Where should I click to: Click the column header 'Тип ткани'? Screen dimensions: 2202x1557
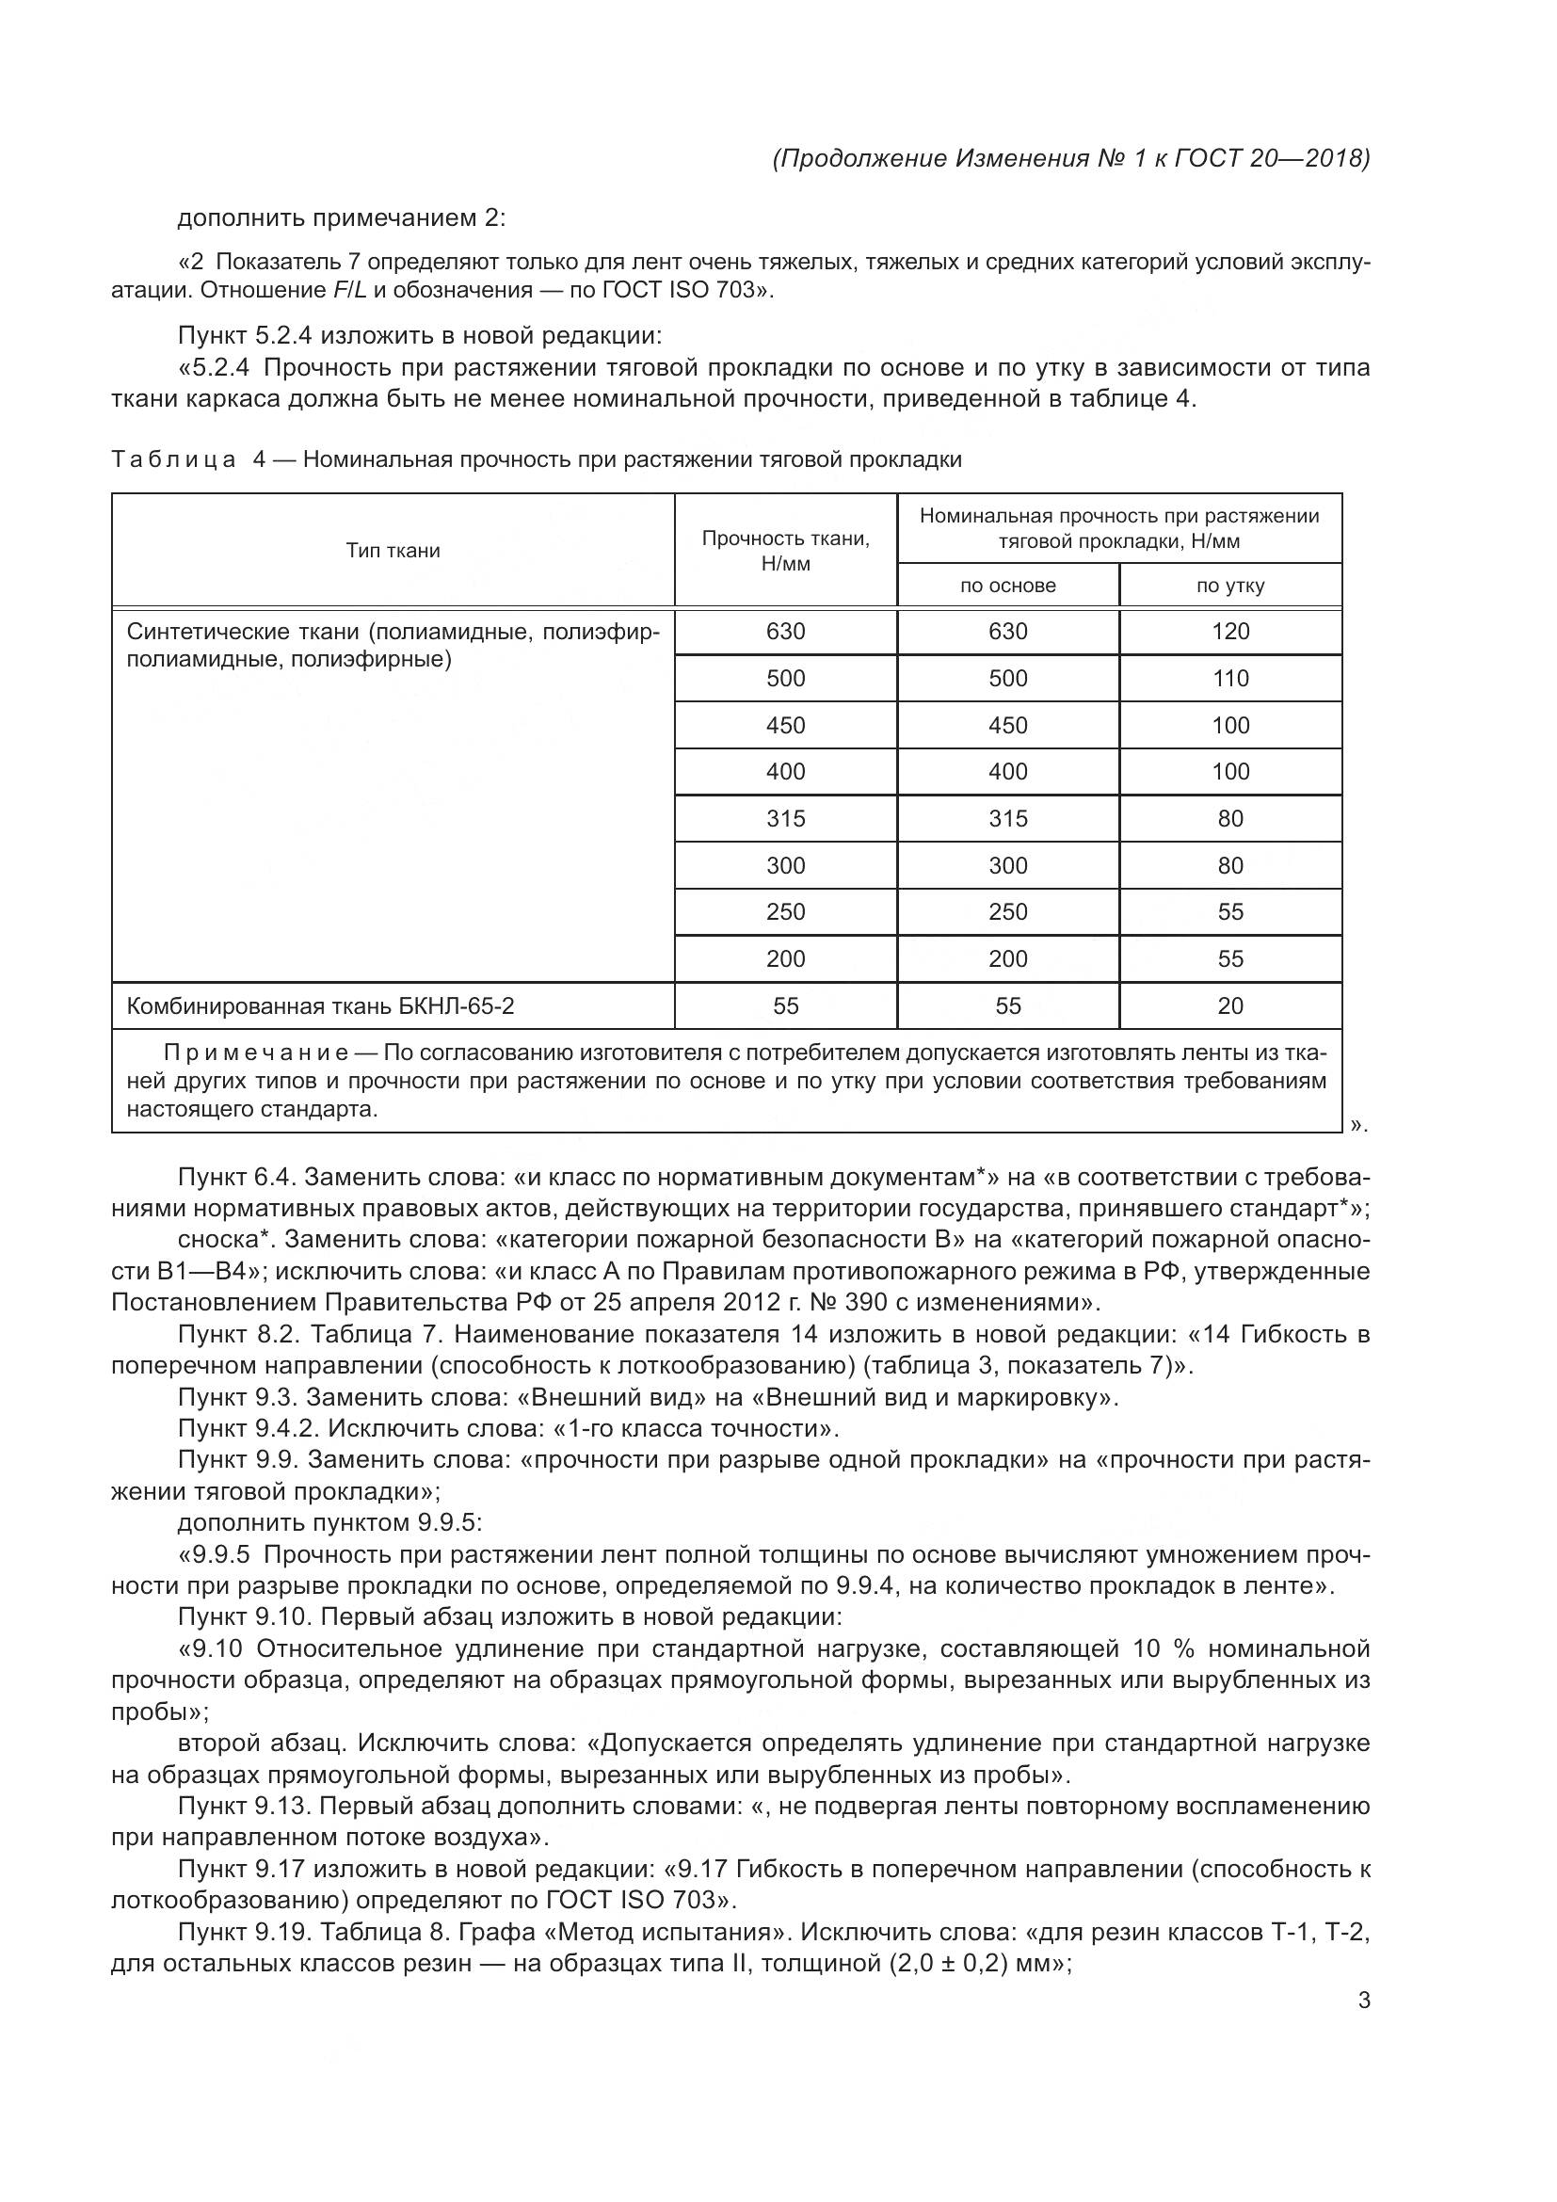point(393,551)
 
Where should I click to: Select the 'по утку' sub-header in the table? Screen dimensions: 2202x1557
point(1230,586)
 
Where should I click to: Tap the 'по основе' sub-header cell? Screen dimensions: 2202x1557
point(1007,586)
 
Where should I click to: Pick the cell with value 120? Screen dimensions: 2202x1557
point(1230,631)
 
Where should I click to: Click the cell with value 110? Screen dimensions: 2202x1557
point(1230,678)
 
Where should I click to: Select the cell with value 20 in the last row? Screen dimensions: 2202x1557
point(1230,1005)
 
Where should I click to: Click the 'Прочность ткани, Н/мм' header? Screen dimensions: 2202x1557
point(785,551)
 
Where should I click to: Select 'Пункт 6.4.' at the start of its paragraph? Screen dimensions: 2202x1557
point(238,1177)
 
